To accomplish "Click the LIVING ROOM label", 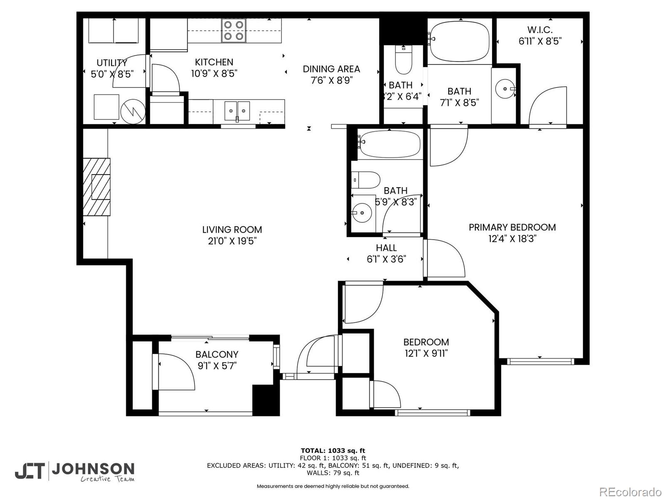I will click(232, 230).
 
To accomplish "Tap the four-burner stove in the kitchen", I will click(234, 30).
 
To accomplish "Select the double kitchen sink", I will click(237, 111).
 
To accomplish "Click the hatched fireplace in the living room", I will click(97, 187).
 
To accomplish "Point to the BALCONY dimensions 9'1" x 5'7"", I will click(217, 366).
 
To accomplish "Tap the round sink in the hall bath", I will click(362, 213).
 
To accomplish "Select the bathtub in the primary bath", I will click(460, 42).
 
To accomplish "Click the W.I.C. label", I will click(540, 30).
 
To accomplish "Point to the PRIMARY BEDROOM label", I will click(512, 227).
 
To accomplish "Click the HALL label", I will click(386, 248).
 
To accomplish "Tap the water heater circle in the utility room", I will click(133, 111).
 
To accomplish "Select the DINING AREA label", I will click(331, 69).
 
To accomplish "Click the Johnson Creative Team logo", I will click(75, 471).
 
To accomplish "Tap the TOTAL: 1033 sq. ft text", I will click(333, 450).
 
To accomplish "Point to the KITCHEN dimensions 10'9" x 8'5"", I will click(214, 74).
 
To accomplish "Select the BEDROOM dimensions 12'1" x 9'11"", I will click(426, 354).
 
